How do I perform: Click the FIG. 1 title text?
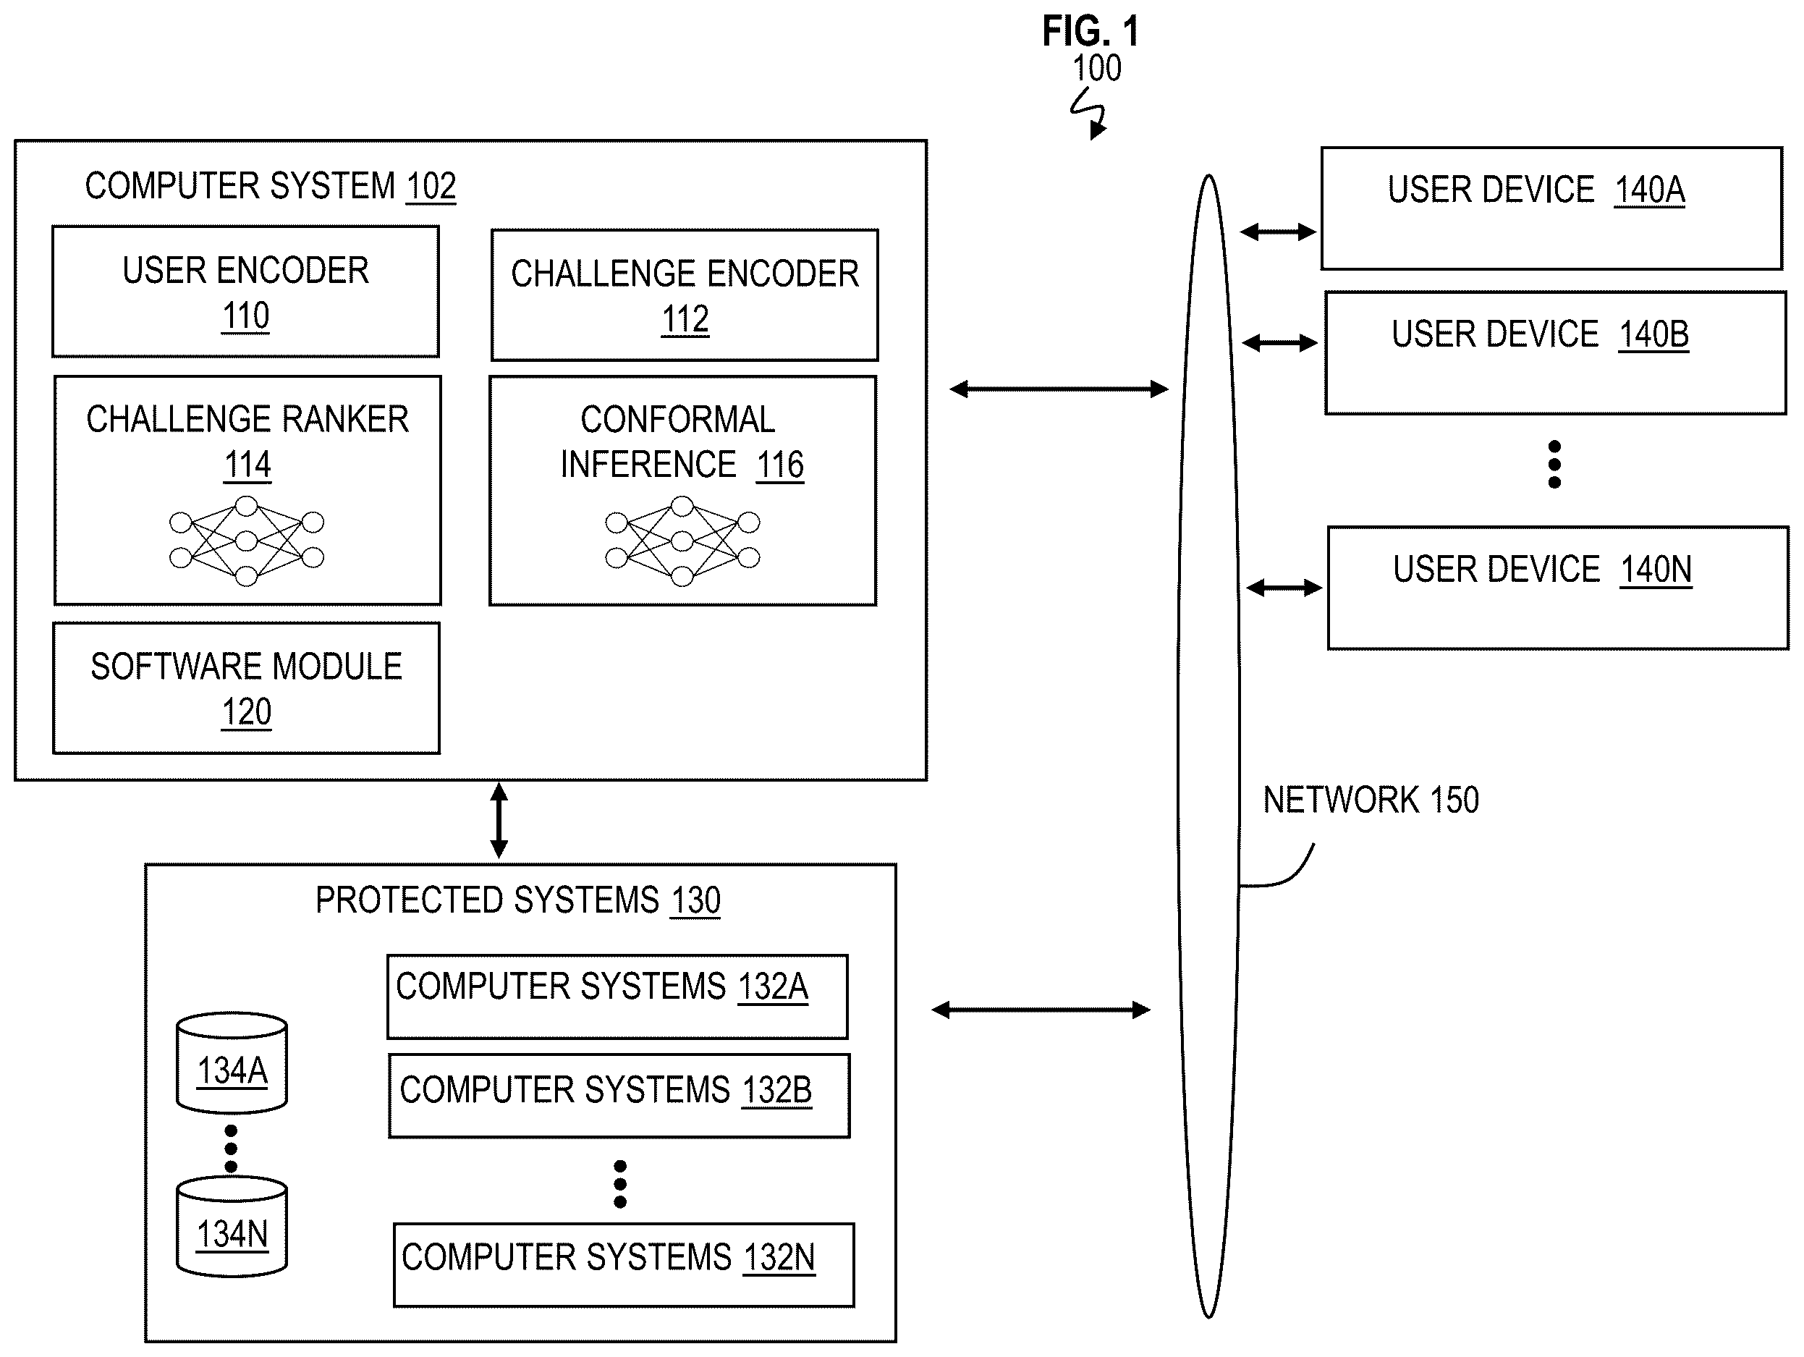point(1091,32)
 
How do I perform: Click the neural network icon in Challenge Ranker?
point(246,541)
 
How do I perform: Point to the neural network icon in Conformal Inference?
point(682,541)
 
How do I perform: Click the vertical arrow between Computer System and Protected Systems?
point(499,821)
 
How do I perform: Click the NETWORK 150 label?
point(1371,800)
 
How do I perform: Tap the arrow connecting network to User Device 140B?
point(1279,343)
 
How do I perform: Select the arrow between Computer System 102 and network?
point(1059,389)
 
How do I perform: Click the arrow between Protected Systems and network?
point(1041,1010)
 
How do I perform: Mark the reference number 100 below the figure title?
point(1097,69)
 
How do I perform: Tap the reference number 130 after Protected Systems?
point(695,900)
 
